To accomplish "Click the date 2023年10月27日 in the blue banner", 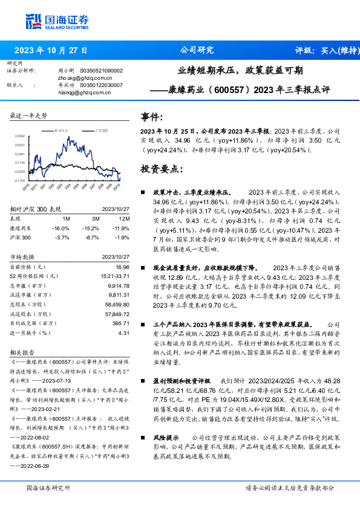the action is (x=51, y=51).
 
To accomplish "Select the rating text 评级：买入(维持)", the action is (x=323, y=51).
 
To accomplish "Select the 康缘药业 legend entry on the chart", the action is (x=61, y=130).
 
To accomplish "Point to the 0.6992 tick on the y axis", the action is (x=20, y=137).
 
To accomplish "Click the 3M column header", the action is (x=96, y=218).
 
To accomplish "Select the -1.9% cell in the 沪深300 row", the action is (x=120, y=238).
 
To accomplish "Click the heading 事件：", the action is (x=152, y=117).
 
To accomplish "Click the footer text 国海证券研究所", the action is (x=48, y=488).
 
